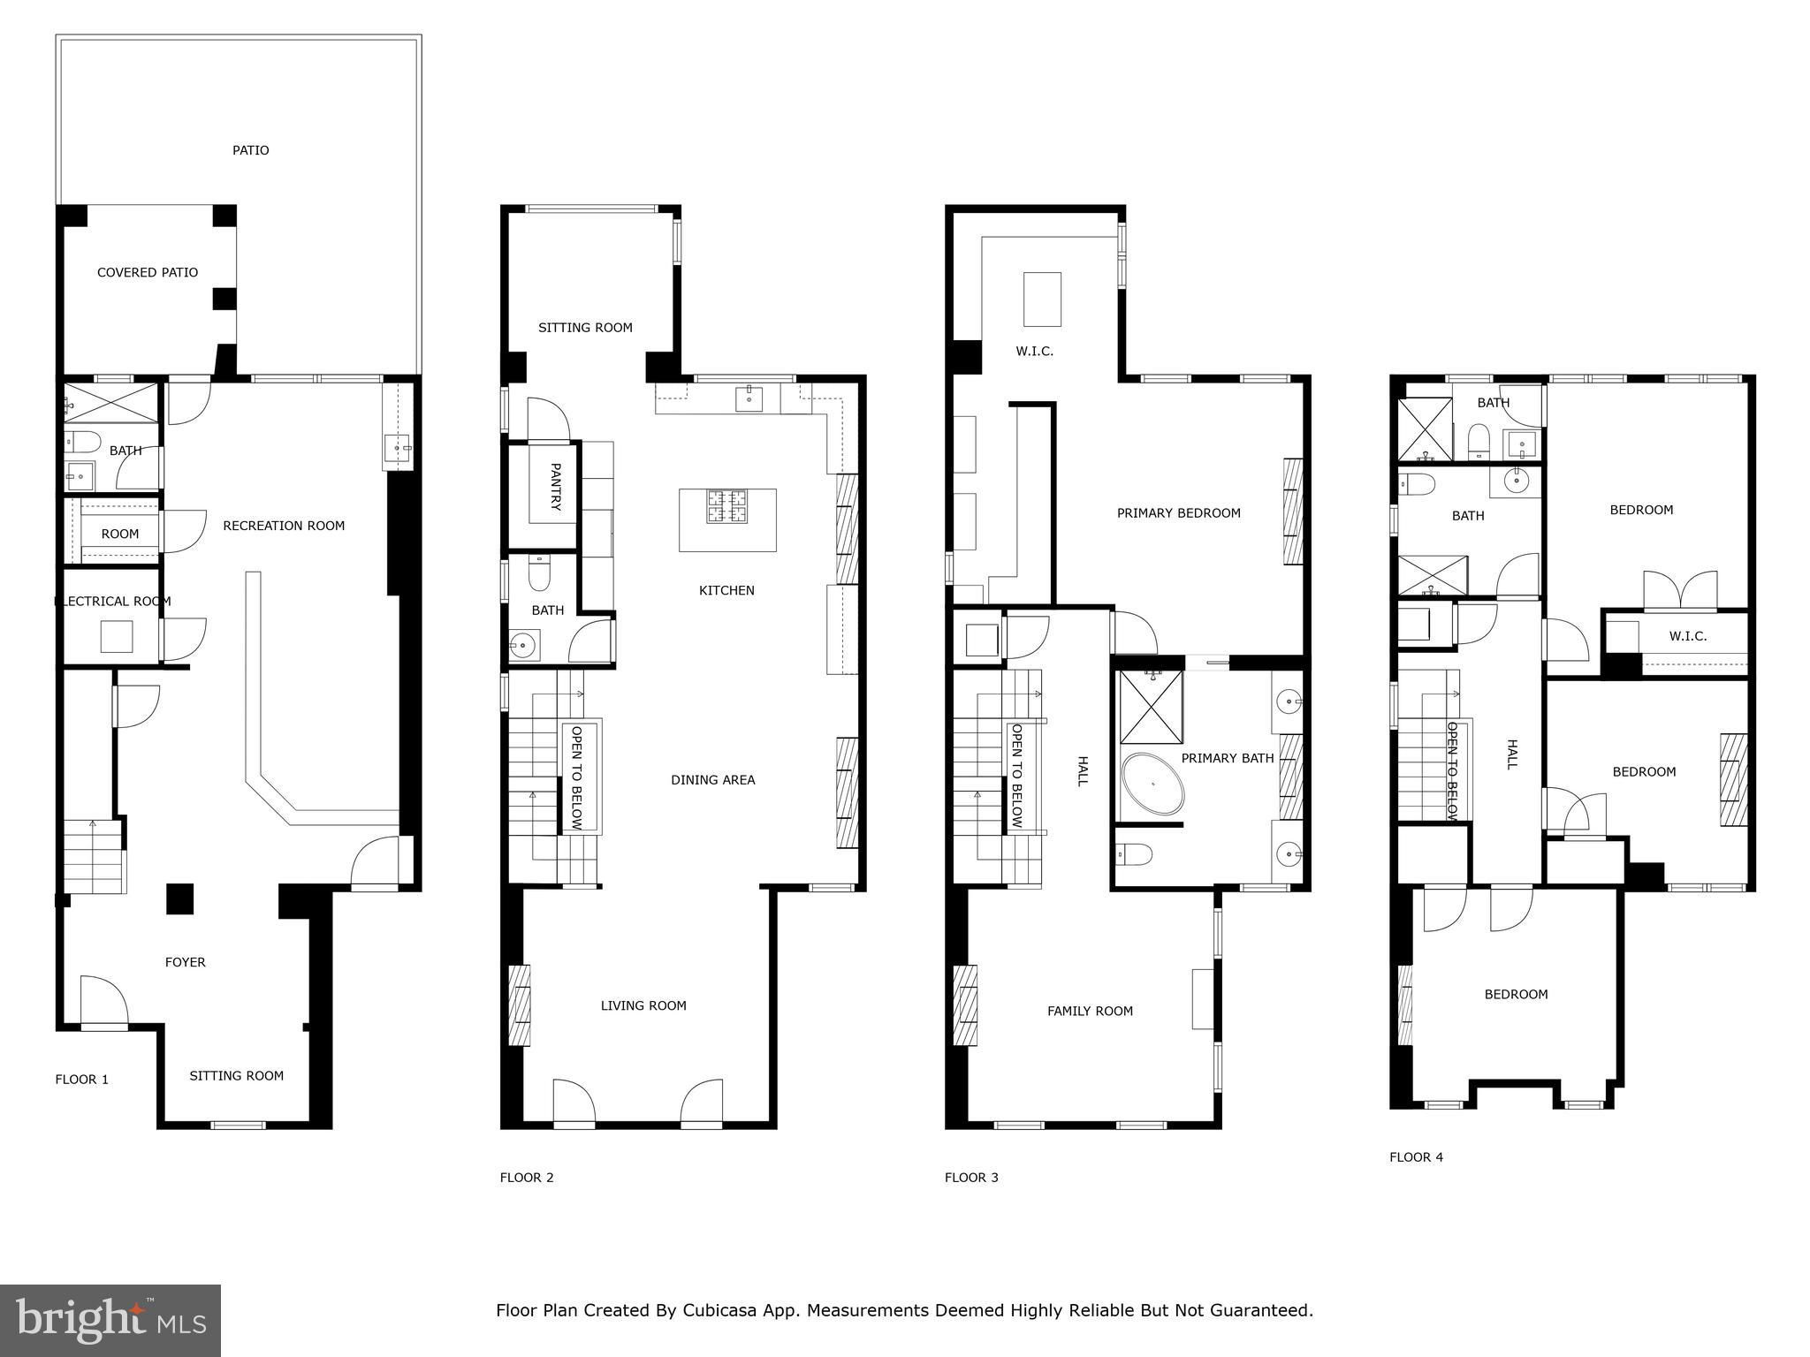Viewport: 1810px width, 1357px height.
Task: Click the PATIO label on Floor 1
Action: click(x=251, y=150)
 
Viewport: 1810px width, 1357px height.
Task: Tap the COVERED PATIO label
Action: click(x=148, y=272)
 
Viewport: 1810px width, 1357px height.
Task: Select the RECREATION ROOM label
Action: click(x=284, y=526)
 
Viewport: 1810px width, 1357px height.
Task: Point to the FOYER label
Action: click(x=186, y=962)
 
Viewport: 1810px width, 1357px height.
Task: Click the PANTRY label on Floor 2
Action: click(x=556, y=487)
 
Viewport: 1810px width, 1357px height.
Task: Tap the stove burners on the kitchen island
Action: click(x=726, y=507)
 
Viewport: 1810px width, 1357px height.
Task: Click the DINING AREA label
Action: click(x=713, y=779)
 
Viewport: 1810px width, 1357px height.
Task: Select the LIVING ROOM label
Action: click(x=643, y=1005)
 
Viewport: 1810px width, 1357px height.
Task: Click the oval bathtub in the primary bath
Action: click(x=1152, y=784)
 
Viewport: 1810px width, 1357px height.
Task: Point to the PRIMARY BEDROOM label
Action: click(x=1179, y=512)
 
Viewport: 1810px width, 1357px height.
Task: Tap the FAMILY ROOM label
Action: click(x=1090, y=1011)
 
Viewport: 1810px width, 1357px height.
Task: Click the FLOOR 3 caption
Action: click(x=971, y=1177)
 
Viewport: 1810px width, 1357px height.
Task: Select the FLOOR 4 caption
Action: click(x=1416, y=1156)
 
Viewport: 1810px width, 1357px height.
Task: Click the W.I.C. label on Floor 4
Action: click(x=1687, y=636)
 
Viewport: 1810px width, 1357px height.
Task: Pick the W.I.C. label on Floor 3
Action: click(x=1034, y=351)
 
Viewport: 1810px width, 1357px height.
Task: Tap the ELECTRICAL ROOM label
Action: click(x=113, y=601)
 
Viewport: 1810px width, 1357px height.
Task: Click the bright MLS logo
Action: click(x=110, y=1320)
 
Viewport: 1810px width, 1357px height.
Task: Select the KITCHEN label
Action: click(x=726, y=590)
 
